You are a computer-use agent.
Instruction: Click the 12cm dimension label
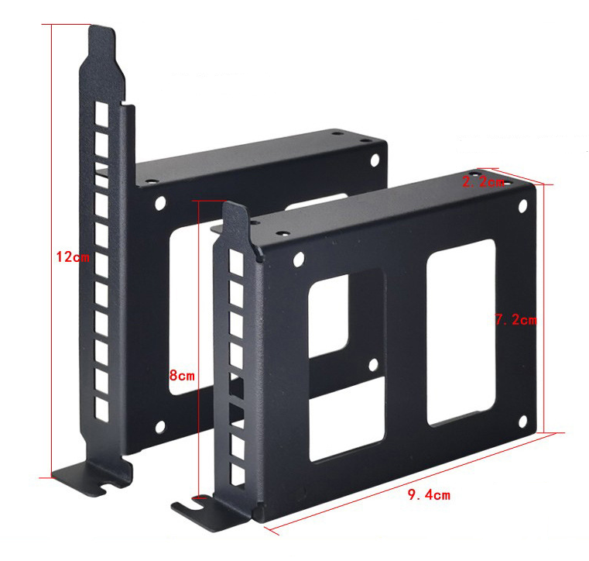[x=73, y=257]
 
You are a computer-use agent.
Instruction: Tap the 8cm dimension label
[x=182, y=375]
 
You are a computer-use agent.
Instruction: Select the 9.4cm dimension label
[x=429, y=495]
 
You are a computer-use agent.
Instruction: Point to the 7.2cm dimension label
[x=516, y=320]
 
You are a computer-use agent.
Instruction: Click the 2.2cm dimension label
[x=483, y=182]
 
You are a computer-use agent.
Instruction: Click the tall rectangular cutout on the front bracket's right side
[x=461, y=332]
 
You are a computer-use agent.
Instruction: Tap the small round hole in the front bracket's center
[x=373, y=365]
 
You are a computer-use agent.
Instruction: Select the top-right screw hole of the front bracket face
[x=522, y=205]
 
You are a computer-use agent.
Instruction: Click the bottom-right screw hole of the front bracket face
[x=522, y=422]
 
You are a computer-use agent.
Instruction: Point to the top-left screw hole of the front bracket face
[x=299, y=259]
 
